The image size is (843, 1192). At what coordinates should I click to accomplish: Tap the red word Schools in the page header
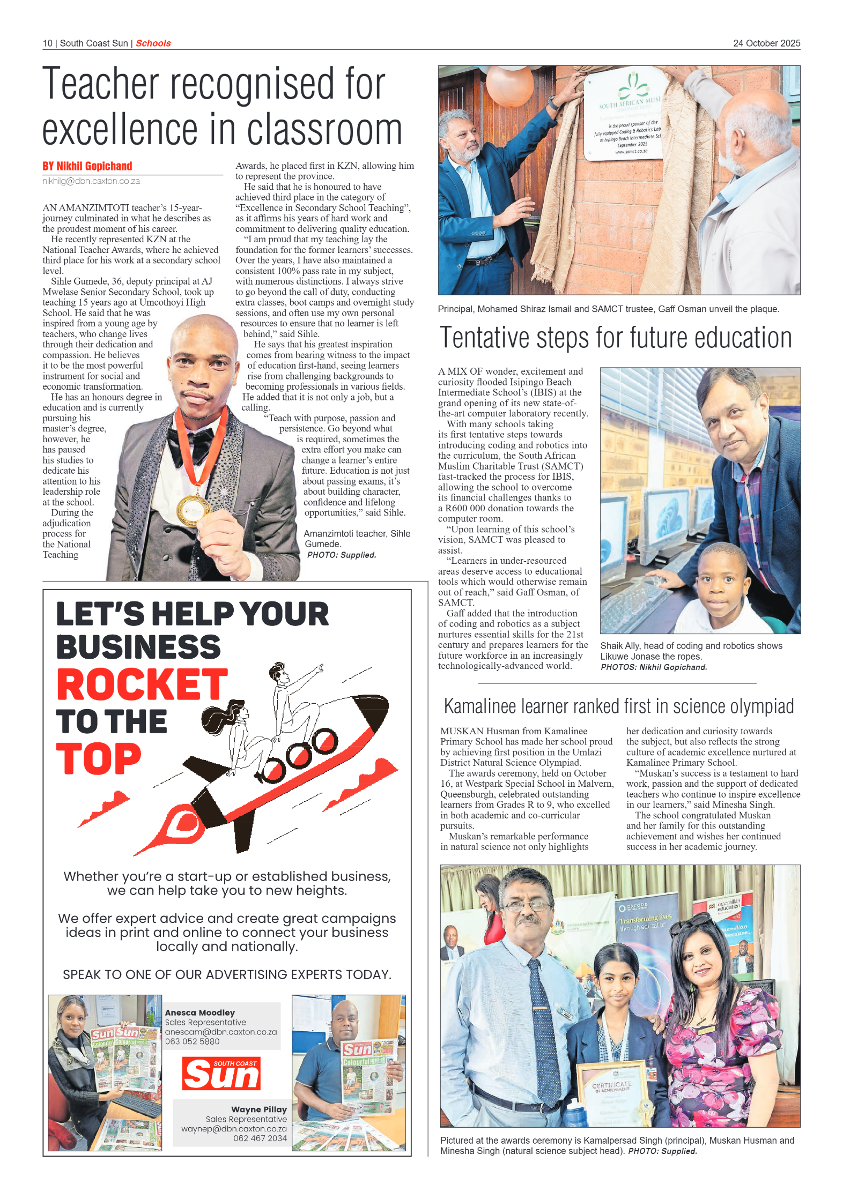[x=153, y=43]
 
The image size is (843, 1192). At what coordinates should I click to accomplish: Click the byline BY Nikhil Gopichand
[x=87, y=166]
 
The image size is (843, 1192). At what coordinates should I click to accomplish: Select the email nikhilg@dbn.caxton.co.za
[x=91, y=181]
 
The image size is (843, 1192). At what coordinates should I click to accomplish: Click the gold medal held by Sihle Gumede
[x=194, y=509]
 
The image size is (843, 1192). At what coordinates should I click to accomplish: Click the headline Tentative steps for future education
[x=615, y=338]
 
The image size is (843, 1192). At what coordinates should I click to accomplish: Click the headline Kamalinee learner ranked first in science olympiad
[x=618, y=706]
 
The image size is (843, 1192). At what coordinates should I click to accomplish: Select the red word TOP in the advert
[x=99, y=759]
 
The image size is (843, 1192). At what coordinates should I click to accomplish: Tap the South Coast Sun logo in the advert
[x=221, y=1073]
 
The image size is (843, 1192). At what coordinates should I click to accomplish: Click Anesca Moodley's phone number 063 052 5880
[x=192, y=1041]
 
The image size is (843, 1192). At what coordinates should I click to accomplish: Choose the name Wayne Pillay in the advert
[x=258, y=1109]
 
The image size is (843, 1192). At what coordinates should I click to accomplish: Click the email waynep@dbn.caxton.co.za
[x=234, y=1129]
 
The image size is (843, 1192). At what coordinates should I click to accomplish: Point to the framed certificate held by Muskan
[x=612, y=1091]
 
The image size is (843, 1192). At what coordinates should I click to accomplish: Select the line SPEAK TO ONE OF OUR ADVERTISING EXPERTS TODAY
[x=227, y=974]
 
